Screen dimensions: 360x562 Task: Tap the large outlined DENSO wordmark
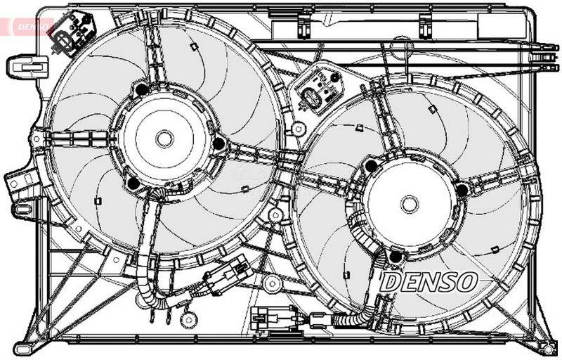[429, 283]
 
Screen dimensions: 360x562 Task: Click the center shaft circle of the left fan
[164, 139]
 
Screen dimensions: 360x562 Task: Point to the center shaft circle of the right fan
[410, 204]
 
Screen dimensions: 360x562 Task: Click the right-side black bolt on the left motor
[218, 144]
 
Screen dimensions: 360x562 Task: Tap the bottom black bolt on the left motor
[133, 184]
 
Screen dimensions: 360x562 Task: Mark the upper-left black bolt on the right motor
[371, 166]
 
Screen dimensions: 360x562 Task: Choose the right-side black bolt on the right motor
[462, 190]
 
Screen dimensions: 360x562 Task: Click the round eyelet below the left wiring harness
[187, 319]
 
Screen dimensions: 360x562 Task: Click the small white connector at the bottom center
[264, 318]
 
